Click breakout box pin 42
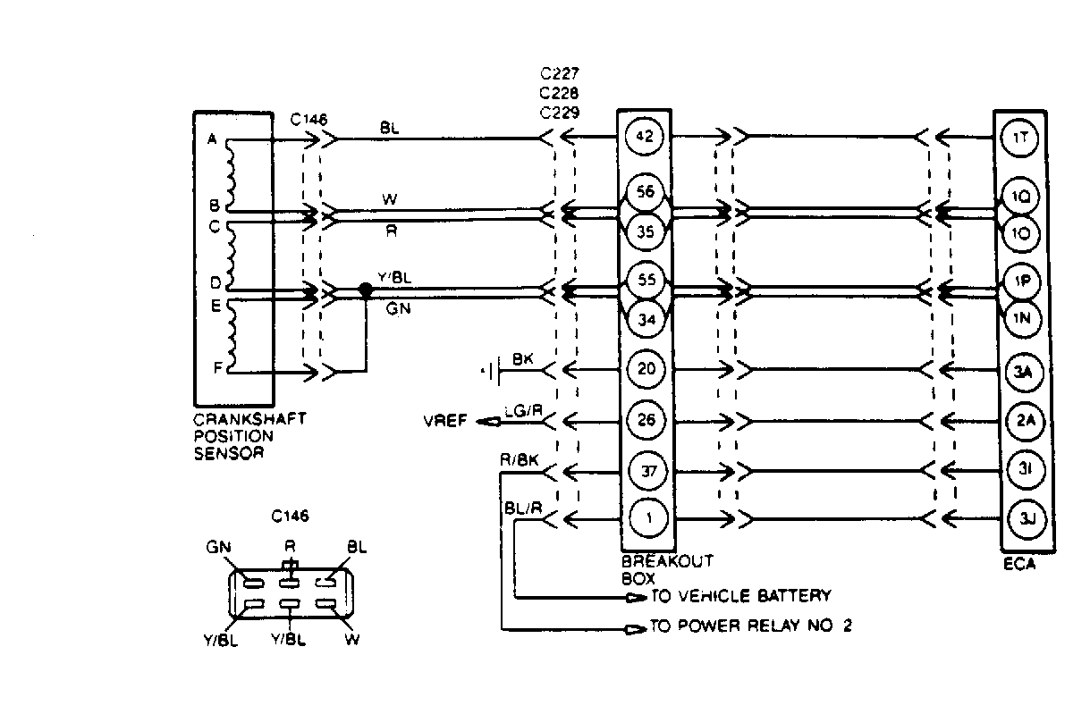point(644,137)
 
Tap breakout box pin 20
point(644,367)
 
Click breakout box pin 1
point(644,517)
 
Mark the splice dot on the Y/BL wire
point(365,290)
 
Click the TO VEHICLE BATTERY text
point(741,596)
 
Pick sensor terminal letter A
point(212,139)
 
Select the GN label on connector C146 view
point(218,547)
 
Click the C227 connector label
point(559,72)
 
